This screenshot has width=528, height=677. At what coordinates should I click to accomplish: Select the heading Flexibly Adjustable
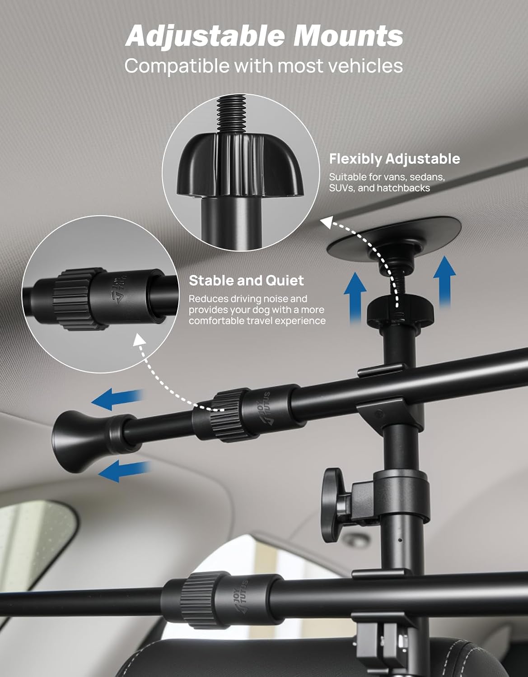pyautogui.click(x=395, y=159)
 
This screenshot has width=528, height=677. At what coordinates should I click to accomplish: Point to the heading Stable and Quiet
pyautogui.click(x=246, y=280)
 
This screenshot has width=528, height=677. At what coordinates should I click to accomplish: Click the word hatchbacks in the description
pyautogui.click(x=403, y=188)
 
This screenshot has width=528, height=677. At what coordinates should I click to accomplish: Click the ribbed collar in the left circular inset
pyautogui.click(x=79, y=299)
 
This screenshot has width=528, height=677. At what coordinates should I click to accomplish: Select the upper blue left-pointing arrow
pyautogui.click(x=118, y=399)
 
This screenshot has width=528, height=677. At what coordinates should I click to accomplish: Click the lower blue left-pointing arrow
pyautogui.click(x=124, y=470)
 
